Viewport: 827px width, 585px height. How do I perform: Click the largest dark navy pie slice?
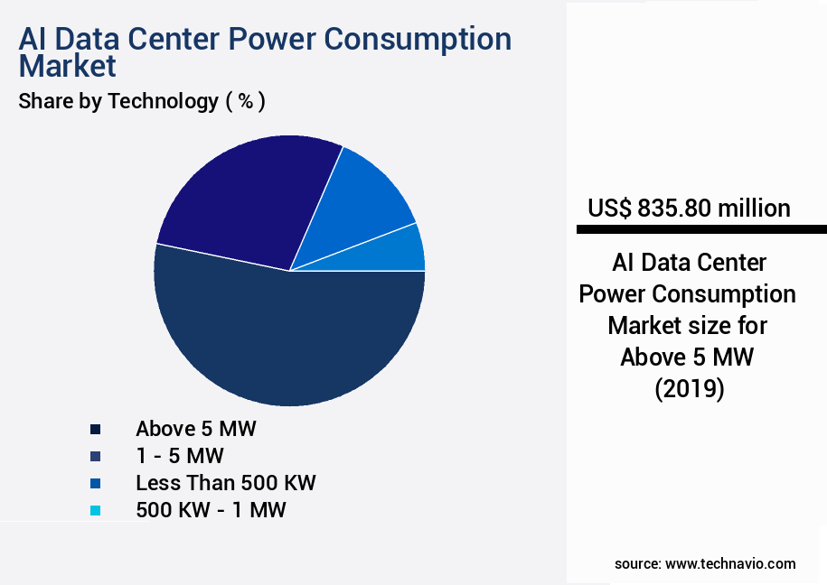tap(289, 343)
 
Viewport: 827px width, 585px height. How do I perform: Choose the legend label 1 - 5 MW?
tap(179, 455)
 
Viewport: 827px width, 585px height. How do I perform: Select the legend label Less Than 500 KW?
tap(225, 482)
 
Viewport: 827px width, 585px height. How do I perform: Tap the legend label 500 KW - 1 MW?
tap(210, 509)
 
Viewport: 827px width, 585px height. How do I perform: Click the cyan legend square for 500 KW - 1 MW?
tap(95, 510)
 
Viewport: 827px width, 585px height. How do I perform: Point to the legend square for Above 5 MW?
tap(95, 429)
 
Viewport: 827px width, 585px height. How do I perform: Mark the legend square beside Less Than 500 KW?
tap(95, 483)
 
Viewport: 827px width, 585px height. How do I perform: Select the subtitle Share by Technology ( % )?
tap(142, 101)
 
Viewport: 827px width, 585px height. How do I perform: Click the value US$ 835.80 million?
tap(689, 208)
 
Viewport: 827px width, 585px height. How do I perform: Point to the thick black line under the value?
tap(700, 230)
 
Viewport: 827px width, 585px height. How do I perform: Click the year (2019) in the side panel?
tap(688, 388)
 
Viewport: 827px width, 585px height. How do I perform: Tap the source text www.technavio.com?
tap(730, 563)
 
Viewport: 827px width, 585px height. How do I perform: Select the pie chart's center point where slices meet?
tap(289, 270)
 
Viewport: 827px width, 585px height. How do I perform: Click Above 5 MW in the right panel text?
tap(687, 357)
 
